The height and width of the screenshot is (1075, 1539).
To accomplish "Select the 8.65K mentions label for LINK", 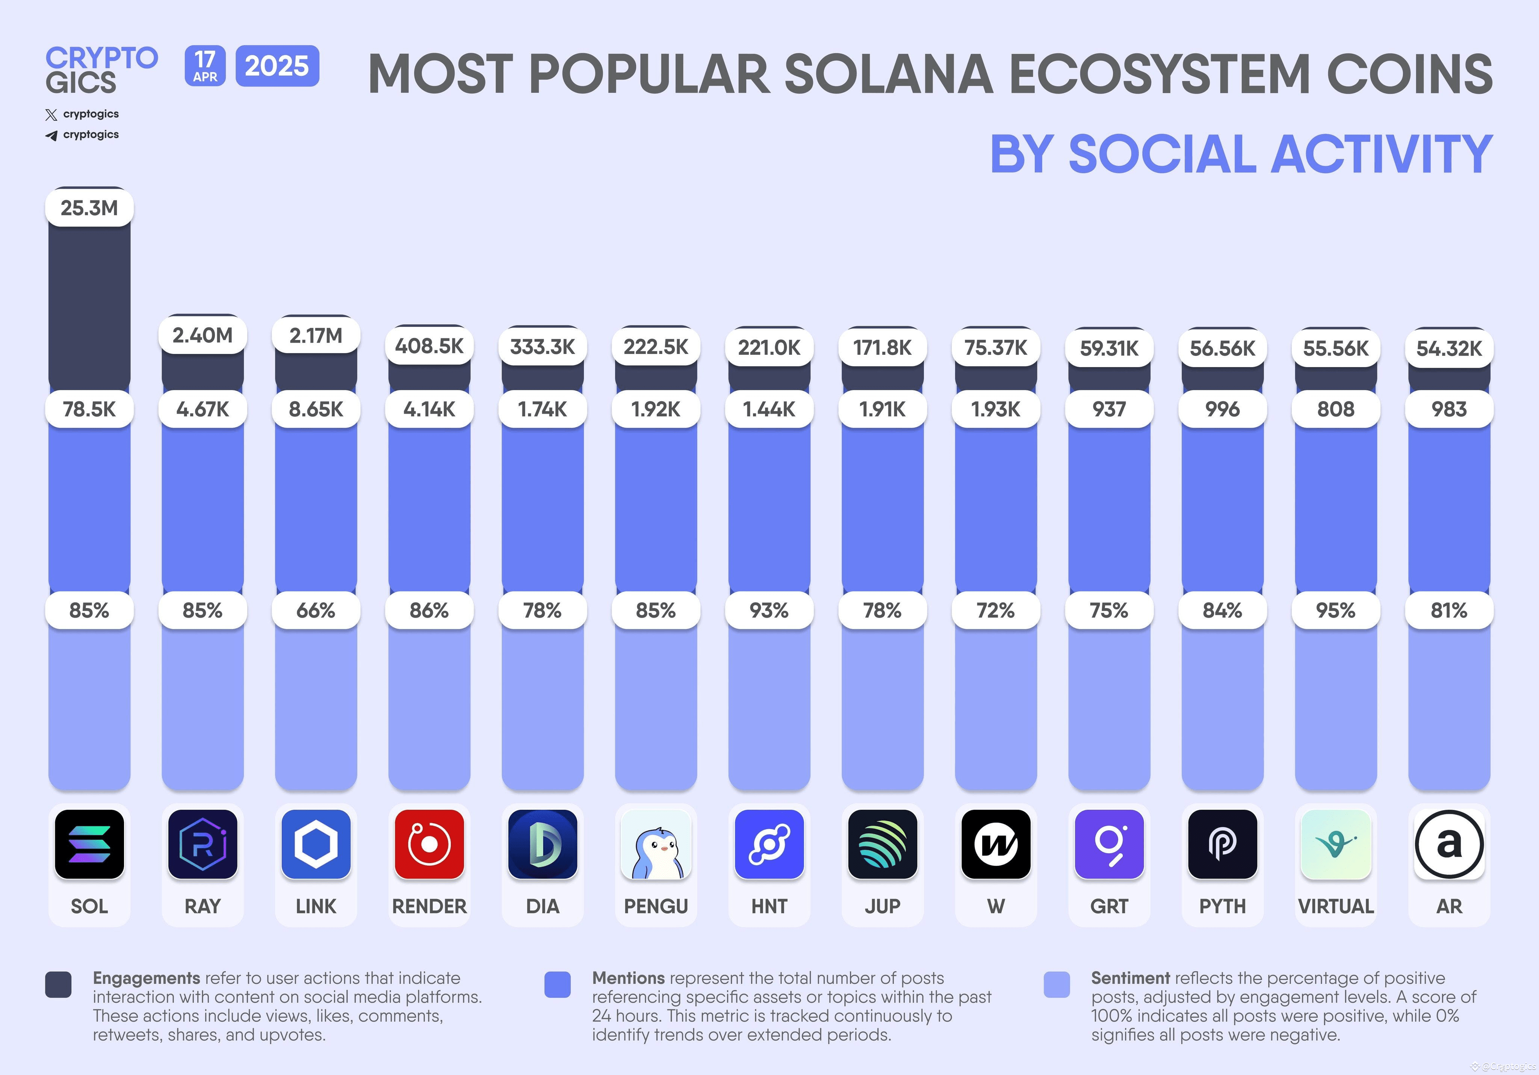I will pos(316,409).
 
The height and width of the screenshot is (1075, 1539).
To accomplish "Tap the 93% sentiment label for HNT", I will pos(769,611).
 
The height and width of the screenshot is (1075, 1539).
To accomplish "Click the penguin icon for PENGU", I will pos(656,844).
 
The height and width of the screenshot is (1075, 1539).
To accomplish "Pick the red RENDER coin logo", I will pos(429,844).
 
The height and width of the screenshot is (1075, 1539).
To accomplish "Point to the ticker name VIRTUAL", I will pos(1335,906).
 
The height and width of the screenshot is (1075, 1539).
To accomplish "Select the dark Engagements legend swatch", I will pos(58,984).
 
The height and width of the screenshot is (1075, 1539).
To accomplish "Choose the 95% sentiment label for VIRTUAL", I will pos(1335,611).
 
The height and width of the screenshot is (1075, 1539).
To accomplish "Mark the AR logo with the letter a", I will pos(1448,844).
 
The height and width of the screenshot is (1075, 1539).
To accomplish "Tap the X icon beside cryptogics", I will pos(51,115).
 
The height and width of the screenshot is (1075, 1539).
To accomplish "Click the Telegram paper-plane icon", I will pos(51,135).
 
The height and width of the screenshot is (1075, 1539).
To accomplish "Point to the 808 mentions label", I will pos(1335,409).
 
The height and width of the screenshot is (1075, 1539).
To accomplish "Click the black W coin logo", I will pos(995,844).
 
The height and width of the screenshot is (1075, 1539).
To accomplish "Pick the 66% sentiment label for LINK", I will pos(316,611).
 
